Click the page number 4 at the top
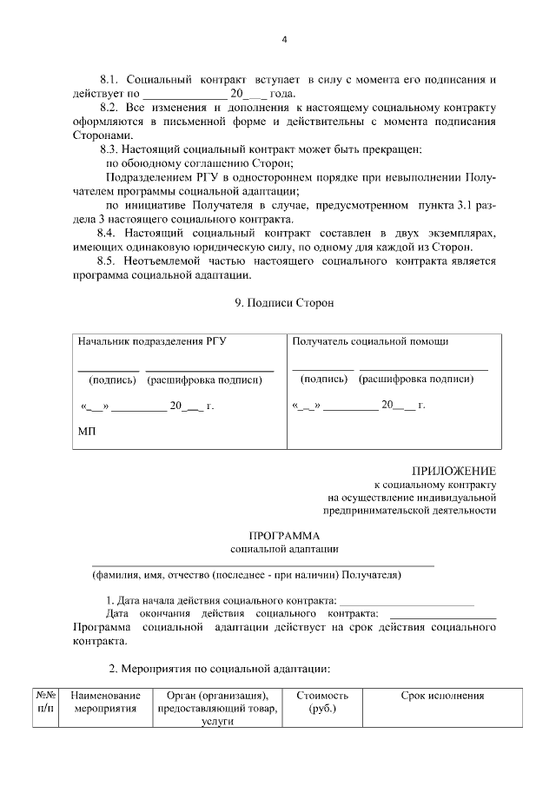284,39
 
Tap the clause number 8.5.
111,261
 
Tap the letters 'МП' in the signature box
88,432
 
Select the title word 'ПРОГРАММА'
284,535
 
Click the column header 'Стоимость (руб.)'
322,703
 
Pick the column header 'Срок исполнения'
442,696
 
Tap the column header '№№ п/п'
46,703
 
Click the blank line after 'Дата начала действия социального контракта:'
407,601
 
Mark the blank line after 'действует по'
183,94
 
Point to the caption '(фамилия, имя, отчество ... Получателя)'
248,575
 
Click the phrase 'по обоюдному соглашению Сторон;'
199,163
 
